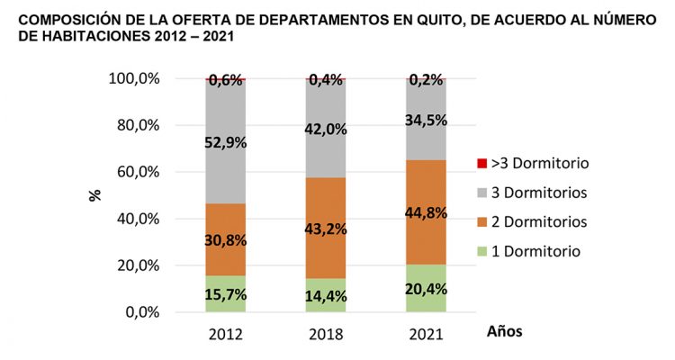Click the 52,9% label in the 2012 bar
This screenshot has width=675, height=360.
[x=225, y=142]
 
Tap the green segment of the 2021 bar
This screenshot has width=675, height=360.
[x=426, y=288]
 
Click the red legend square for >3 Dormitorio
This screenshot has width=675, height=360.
[x=482, y=164]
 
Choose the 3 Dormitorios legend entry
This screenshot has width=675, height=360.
[x=535, y=192]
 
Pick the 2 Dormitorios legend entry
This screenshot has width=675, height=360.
[x=535, y=220]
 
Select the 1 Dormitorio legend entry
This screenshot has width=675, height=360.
[x=531, y=250]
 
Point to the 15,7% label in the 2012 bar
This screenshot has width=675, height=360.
[x=225, y=294]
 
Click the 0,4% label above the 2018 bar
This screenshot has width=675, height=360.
[x=326, y=80]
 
